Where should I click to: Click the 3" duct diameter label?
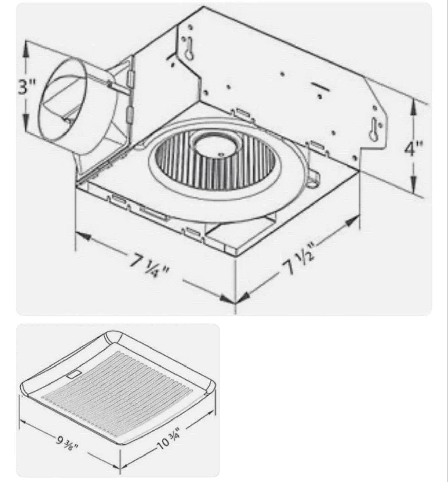[27, 87]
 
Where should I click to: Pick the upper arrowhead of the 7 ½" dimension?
[352, 221]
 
